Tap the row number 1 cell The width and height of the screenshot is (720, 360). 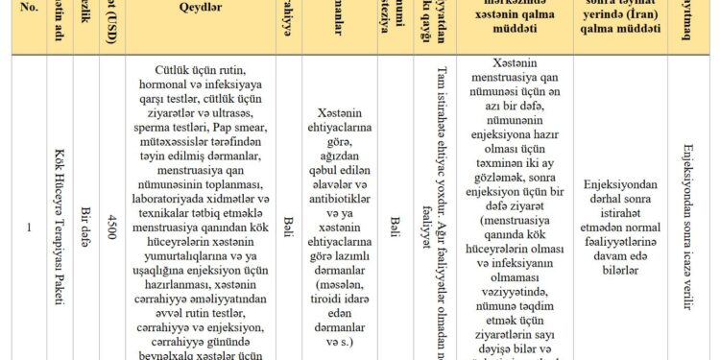(x=29, y=228)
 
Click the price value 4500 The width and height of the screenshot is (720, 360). (x=113, y=228)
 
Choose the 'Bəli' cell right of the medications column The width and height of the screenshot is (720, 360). (x=394, y=228)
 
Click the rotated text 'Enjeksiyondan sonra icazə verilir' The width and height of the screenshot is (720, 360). (x=688, y=228)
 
